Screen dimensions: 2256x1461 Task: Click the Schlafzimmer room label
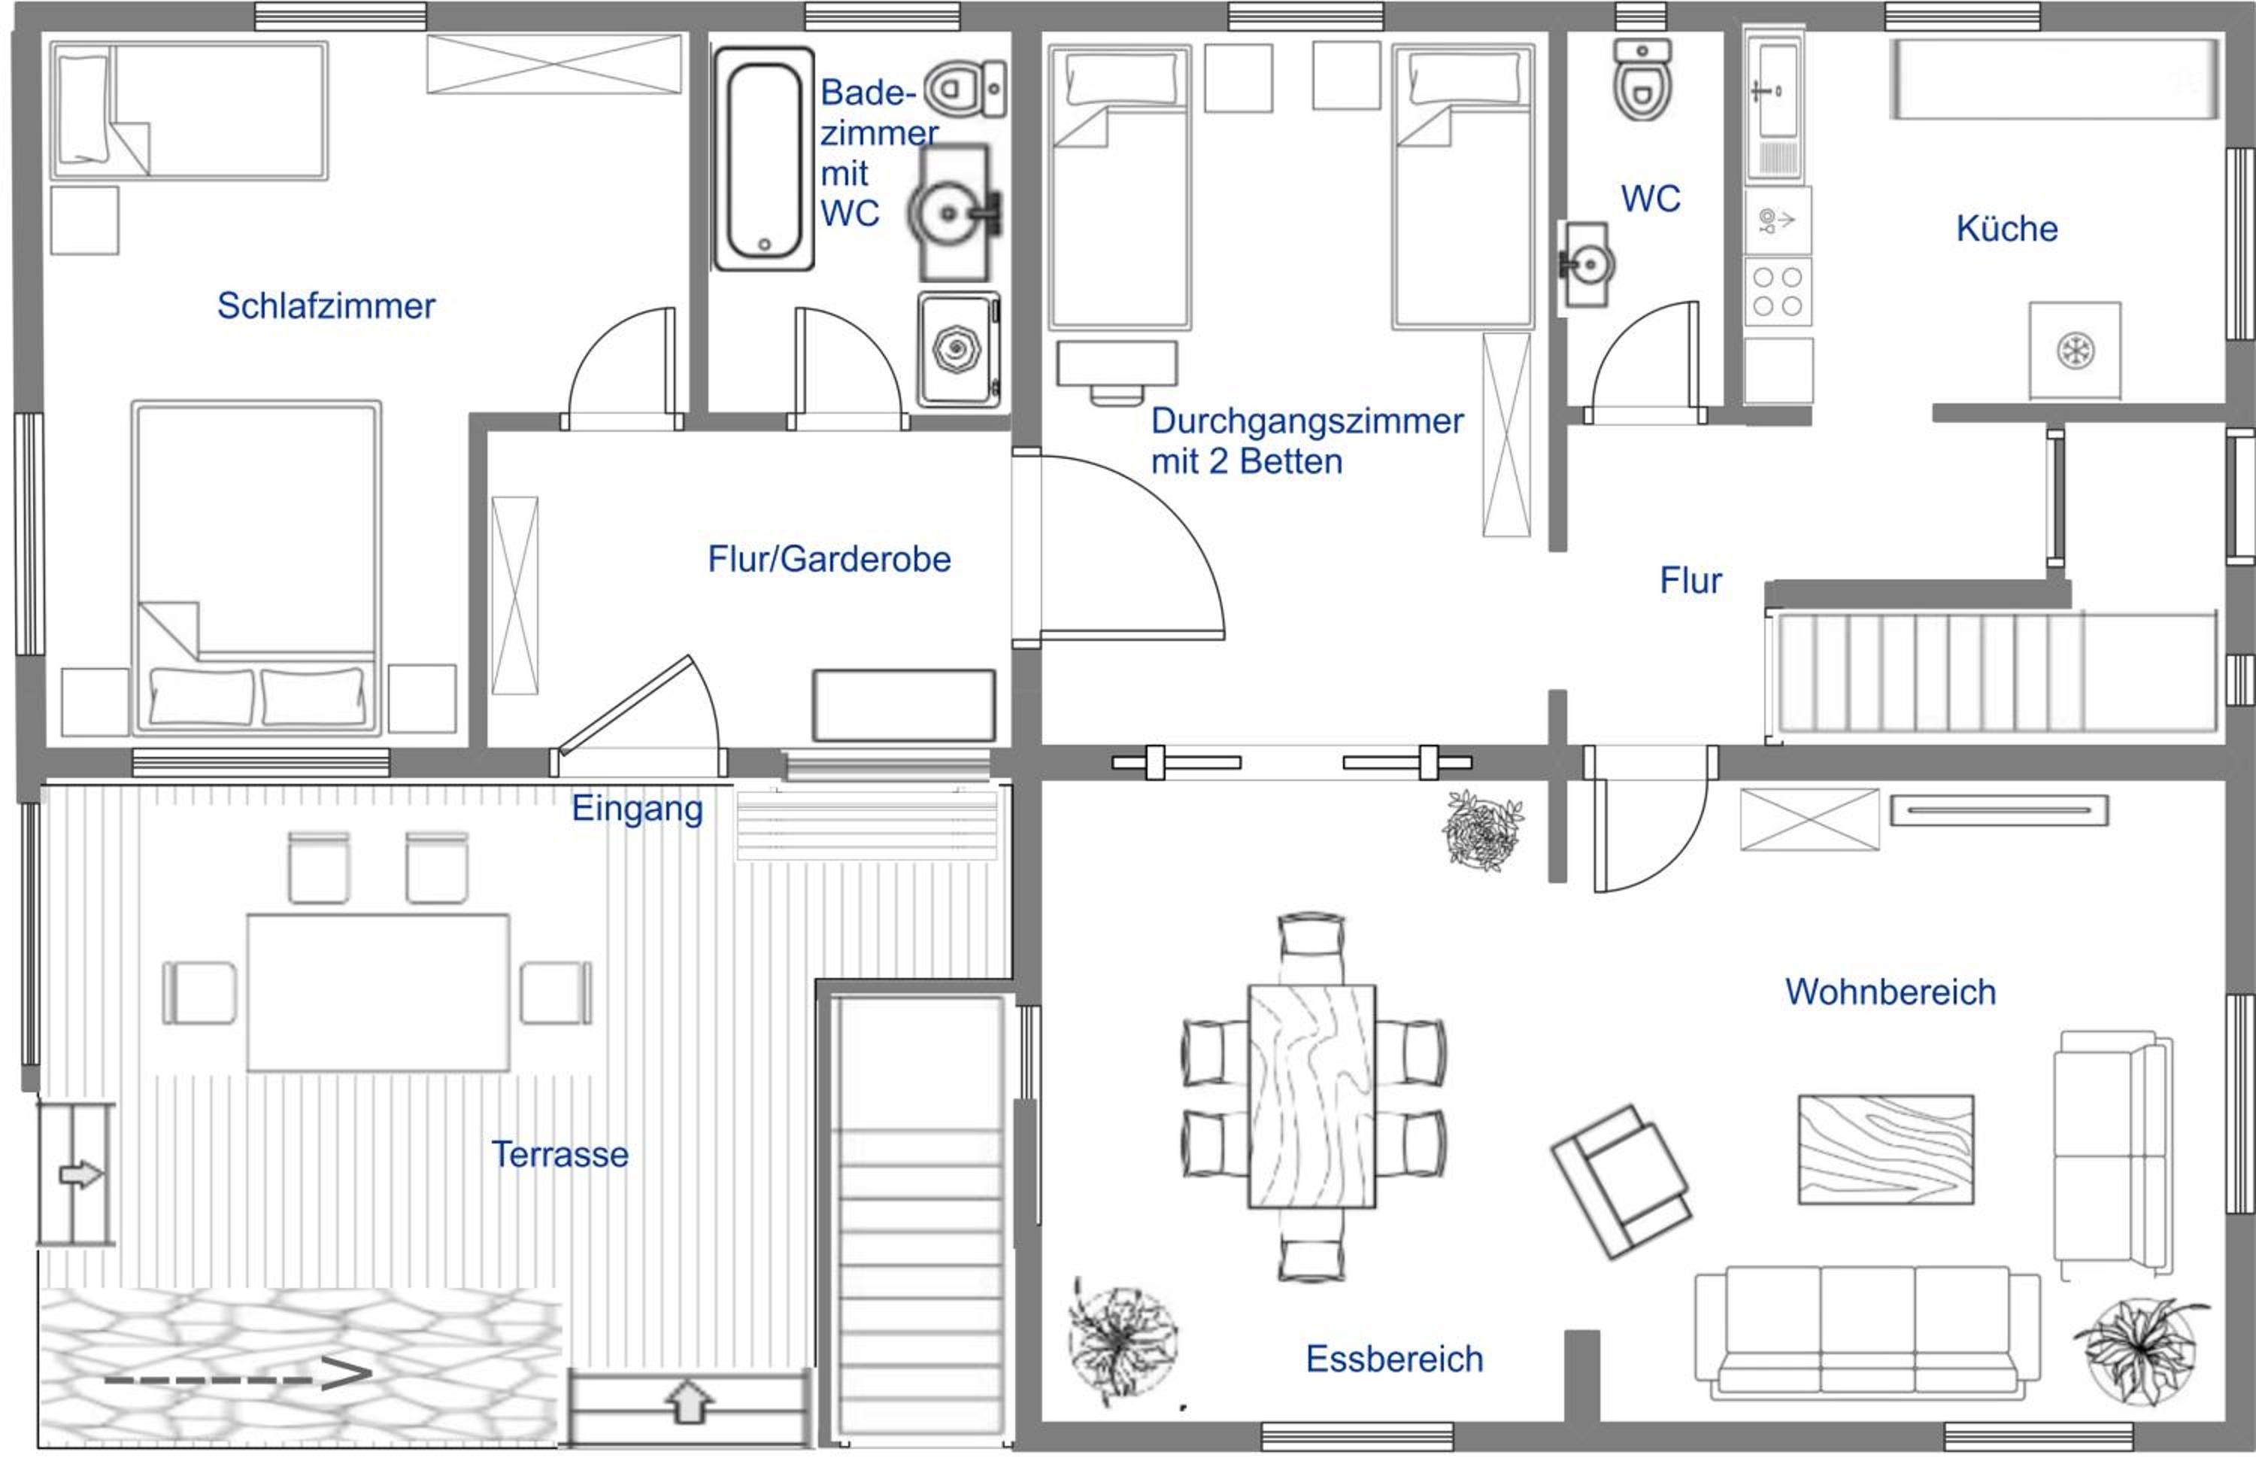coord(326,306)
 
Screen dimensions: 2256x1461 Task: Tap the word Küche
coord(2006,229)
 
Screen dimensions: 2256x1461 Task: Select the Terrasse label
coord(559,1154)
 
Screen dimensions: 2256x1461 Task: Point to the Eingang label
coord(637,809)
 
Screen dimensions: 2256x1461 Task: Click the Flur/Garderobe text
coord(829,560)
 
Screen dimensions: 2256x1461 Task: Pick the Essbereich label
coord(1394,1359)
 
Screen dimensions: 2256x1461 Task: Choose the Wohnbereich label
coord(1890,992)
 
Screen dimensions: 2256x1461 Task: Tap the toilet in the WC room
coord(1642,80)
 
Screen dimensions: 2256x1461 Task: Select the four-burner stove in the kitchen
coord(1777,292)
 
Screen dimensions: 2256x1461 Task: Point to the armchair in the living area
coord(1621,1180)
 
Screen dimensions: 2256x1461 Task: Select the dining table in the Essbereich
coord(1312,1096)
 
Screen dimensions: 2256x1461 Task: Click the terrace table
coord(378,992)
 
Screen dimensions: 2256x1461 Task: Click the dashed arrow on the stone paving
coord(237,1374)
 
